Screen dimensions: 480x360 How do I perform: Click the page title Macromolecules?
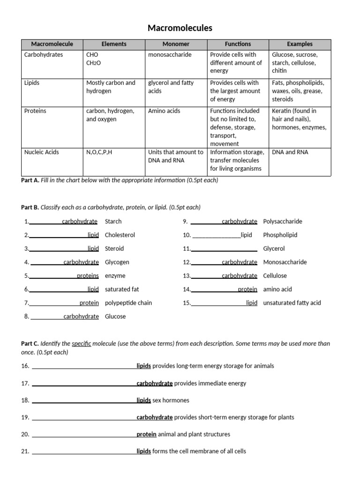tap(180, 28)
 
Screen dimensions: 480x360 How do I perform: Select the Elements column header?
tap(114, 44)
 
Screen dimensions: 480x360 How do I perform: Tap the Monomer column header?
tap(176, 44)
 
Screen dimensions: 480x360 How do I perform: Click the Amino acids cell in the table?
tap(164, 111)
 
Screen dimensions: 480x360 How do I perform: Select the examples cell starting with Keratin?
tap(299, 119)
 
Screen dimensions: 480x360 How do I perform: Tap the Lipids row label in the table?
tap(32, 83)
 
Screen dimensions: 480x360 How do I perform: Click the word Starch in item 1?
tap(113, 221)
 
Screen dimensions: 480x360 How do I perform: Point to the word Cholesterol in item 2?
tap(120, 235)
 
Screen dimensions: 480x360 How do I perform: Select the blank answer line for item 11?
tap(224, 249)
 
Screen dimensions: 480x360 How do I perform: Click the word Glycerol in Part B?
tap(274, 248)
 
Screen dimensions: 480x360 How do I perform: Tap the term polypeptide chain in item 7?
tap(128, 303)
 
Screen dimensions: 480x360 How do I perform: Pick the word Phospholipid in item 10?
tap(280, 235)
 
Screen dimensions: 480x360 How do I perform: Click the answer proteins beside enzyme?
tap(88, 276)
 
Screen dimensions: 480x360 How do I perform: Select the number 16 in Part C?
tap(25, 366)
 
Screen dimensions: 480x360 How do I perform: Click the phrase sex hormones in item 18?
tap(171, 400)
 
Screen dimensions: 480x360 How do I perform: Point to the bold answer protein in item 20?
tap(146, 434)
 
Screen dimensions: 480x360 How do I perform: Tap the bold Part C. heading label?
tap(30, 344)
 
